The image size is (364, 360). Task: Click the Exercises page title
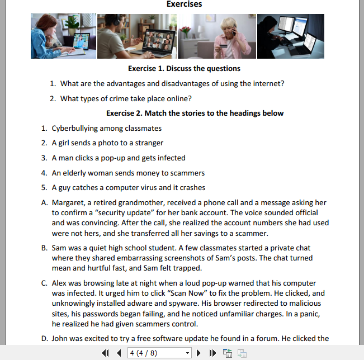pyautogui.click(x=184, y=4)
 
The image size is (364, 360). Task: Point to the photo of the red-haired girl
pyautogui.click(x=63, y=36)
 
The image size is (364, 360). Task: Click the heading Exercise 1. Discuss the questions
pyautogui.click(x=184, y=69)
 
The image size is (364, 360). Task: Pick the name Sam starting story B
pyautogui.click(x=59, y=248)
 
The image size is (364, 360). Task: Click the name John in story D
pyautogui.click(x=60, y=338)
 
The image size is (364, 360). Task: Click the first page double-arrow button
pyautogui.click(x=106, y=353)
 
